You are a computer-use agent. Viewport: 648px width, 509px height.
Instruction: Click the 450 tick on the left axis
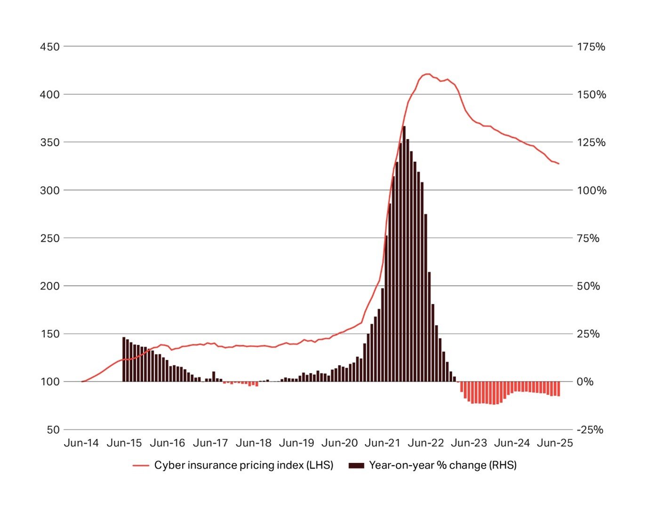click(x=50, y=47)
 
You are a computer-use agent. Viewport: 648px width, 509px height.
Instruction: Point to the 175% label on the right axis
click(x=591, y=47)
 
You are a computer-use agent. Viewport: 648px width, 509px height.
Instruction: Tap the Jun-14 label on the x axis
click(x=81, y=443)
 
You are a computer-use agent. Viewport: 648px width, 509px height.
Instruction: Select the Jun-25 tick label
click(x=555, y=443)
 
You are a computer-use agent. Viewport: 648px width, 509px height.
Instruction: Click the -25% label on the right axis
click(x=590, y=429)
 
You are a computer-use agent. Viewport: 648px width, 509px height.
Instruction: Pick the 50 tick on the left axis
click(x=53, y=429)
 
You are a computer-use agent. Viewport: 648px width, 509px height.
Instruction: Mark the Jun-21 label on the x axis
click(x=383, y=443)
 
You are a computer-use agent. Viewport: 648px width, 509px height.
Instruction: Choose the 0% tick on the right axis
click(x=585, y=382)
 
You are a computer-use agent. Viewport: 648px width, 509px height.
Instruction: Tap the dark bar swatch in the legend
click(x=356, y=466)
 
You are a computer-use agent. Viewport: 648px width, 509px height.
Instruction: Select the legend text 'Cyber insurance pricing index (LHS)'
click(x=244, y=465)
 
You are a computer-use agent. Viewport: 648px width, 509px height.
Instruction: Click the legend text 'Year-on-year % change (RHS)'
click(x=443, y=465)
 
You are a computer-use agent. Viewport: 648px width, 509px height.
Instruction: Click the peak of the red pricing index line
click(x=427, y=74)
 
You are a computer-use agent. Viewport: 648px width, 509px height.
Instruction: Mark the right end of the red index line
click(x=559, y=164)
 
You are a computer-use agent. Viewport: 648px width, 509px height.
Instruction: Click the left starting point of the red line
click(x=82, y=382)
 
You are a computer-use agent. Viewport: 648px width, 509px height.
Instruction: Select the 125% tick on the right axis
click(x=591, y=142)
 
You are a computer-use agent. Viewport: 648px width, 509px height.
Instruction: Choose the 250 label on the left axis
click(x=50, y=238)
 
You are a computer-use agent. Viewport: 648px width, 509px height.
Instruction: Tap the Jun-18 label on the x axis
click(x=254, y=443)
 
